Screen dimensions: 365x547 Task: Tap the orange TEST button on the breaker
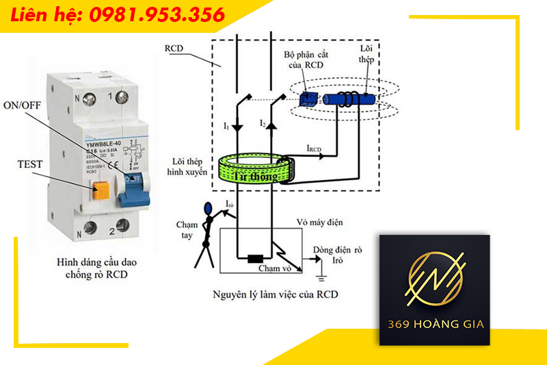pyautogui.click(x=101, y=189)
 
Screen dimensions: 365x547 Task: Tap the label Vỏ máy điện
pyautogui.click(x=322, y=223)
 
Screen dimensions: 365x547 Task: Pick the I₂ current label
pyautogui.click(x=263, y=123)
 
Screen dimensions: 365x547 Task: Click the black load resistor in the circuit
pyautogui.click(x=255, y=259)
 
